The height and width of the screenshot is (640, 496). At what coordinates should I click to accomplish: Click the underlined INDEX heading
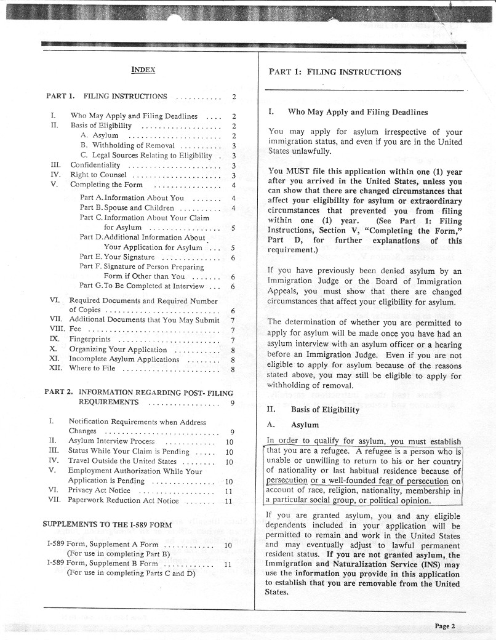(143, 70)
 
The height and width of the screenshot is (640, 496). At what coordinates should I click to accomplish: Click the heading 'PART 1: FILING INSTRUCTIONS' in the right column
(335, 72)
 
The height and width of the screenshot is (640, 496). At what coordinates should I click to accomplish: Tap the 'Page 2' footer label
(444, 626)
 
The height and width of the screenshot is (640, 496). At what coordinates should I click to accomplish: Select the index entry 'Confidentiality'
(98, 165)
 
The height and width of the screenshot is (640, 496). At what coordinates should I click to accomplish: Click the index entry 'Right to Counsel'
(98, 175)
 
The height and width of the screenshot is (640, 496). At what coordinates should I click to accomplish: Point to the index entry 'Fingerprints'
(90, 339)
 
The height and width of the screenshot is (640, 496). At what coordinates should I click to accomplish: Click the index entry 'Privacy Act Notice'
(99, 490)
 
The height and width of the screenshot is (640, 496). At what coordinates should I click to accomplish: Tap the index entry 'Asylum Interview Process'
(111, 441)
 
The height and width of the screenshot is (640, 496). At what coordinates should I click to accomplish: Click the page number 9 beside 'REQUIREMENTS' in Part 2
(232, 403)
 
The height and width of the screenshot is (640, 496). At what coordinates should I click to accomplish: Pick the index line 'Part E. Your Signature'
(117, 257)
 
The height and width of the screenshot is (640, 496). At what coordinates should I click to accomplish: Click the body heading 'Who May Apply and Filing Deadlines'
(358, 113)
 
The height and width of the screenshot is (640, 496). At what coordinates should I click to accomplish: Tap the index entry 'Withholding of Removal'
(127, 145)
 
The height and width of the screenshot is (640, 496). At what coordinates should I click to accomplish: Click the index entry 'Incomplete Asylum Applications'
(124, 359)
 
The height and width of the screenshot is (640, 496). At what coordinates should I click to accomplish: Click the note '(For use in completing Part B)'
(118, 553)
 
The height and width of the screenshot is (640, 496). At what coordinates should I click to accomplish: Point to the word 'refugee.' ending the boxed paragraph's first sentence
(337, 452)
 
